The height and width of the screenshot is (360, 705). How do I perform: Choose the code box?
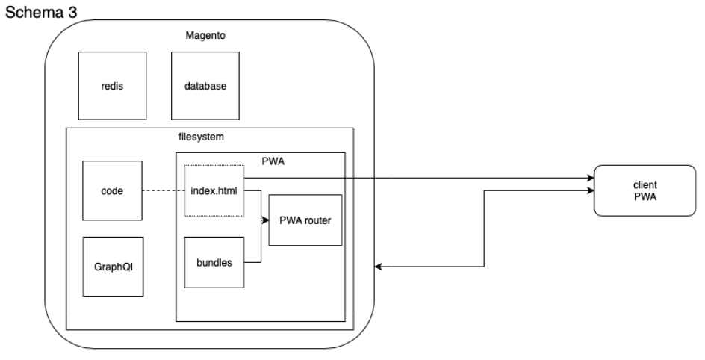tap(111, 191)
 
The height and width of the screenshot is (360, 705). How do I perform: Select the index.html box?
tap(214, 191)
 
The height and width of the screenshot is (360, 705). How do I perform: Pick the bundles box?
tap(214, 263)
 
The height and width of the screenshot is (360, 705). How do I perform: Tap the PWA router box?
tap(304, 220)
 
